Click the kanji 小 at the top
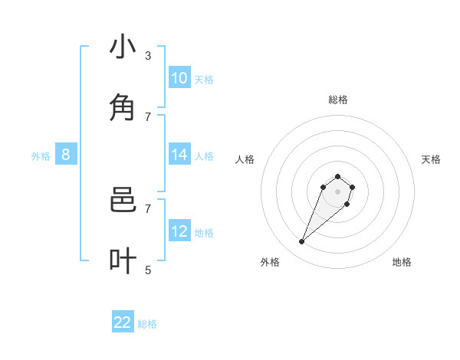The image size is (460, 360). [x=123, y=47]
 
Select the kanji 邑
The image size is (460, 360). [x=123, y=201]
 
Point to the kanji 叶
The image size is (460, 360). [x=123, y=261]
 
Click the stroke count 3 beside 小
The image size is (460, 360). [x=148, y=55]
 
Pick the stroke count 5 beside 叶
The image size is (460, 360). [x=148, y=270]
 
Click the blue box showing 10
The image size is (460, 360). [x=179, y=78]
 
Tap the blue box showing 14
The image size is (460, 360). [x=179, y=155]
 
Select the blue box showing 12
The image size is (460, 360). [x=179, y=231]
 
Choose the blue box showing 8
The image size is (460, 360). [x=66, y=155]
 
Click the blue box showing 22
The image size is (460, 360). [x=123, y=322]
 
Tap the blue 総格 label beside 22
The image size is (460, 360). [x=147, y=324]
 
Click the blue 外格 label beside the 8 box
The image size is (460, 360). [x=41, y=156]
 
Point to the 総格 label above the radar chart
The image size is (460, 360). [x=338, y=100]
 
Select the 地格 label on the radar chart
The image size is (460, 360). [x=402, y=262]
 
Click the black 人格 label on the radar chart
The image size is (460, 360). [x=245, y=159]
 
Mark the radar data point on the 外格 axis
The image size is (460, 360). [x=302, y=242]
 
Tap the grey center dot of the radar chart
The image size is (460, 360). [x=338, y=191]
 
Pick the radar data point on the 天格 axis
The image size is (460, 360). [x=352, y=187]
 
